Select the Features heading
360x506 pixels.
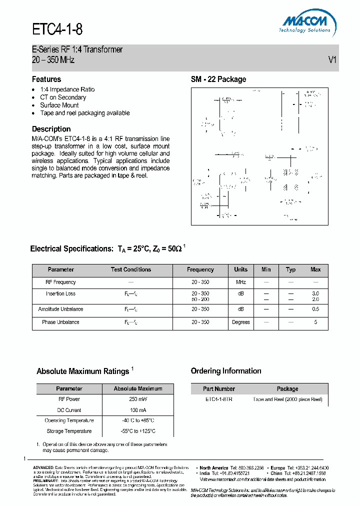coord(46,79)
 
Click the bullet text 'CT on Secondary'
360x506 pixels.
coord(63,97)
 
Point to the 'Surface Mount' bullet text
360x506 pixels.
coord(59,105)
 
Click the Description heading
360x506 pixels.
coord(51,128)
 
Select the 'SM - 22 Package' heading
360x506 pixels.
coord(218,79)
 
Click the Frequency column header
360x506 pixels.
coord(200,269)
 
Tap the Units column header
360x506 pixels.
coord(240,269)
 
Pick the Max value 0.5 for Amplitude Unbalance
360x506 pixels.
coord(315,309)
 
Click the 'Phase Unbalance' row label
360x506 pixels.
coord(60,322)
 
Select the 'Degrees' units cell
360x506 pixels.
coord(240,322)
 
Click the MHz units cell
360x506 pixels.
coord(240,282)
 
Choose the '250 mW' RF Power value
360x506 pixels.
coord(138,399)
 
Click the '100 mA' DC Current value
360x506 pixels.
coord(138,409)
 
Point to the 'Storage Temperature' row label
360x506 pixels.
coord(69,431)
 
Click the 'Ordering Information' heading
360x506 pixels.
coord(226,371)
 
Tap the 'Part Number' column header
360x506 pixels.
coord(219,388)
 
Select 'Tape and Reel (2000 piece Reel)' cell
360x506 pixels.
coord(287,399)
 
